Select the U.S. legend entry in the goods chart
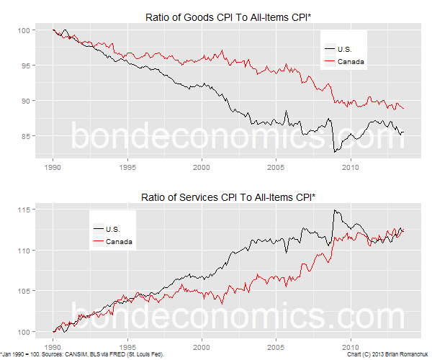[346, 48]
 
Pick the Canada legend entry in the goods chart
[349, 62]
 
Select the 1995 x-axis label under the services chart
[127, 344]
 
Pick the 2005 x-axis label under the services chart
[276, 344]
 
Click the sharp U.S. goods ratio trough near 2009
[334, 152]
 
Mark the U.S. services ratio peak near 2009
[334, 210]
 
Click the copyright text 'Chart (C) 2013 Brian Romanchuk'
[384, 355]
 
